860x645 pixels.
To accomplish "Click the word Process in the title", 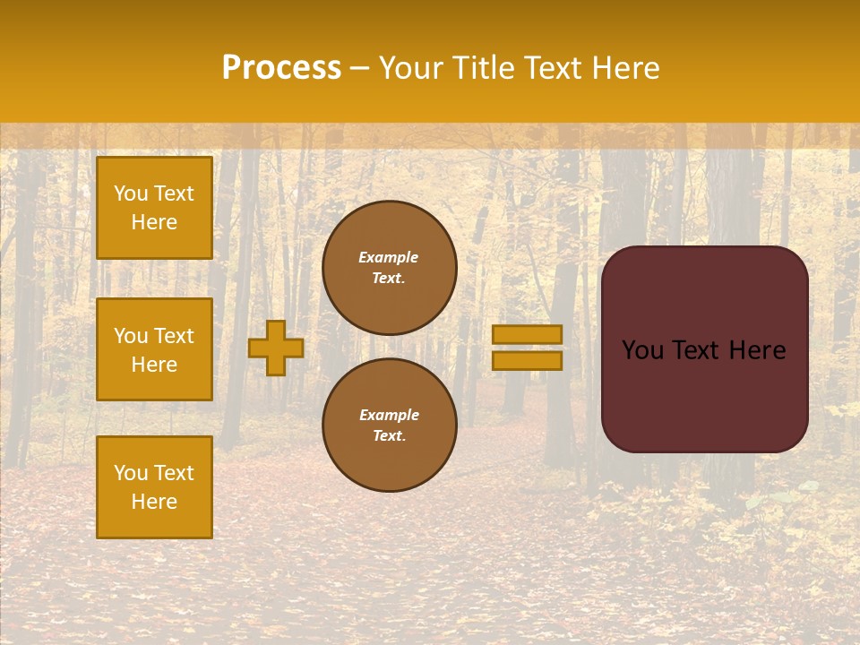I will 281,68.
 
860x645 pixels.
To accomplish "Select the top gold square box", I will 154,208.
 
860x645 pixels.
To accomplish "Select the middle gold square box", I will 154,349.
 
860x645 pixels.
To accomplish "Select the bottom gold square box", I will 154,486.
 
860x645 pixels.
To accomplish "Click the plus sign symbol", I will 275,348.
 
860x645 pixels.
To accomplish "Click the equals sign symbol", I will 527,348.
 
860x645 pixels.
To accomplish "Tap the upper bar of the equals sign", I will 527,334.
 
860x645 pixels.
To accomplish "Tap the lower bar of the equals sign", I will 527,361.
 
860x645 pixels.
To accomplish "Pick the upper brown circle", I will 389,267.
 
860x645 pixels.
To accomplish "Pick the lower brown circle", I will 389,425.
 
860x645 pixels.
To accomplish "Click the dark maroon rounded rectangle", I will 704,394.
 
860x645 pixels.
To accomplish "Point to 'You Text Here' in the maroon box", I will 704,350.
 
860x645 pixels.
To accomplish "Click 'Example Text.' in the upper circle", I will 389,267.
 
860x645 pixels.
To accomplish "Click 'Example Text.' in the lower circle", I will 389,425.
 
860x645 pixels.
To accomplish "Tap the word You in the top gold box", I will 130,193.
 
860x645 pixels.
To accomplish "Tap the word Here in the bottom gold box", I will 154,502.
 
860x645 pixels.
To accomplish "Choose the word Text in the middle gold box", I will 173,336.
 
